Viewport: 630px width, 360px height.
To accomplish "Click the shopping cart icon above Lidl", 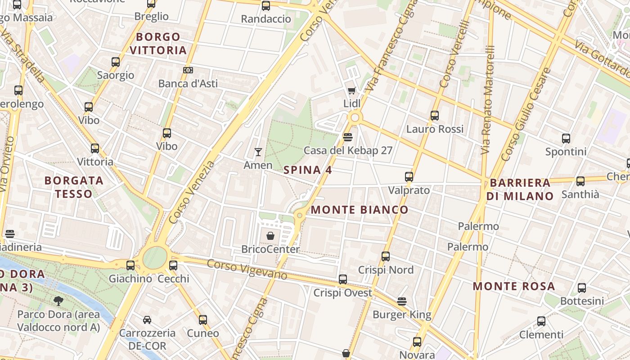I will click(x=352, y=91).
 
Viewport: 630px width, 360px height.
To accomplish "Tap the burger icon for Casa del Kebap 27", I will click(x=347, y=137).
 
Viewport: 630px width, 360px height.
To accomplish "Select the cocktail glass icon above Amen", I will click(x=258, y=152).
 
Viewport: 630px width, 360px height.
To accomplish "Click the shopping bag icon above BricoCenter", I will click(x=270, y=236).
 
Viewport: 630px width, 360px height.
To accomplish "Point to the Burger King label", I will click(x=401, y=315).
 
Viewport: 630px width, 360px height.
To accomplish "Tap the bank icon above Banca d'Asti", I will click(x=188, y=70).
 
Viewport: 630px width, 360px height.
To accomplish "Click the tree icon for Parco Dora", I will click(x=58, y=301).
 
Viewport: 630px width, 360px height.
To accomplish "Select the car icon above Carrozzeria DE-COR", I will click(x=147, y=320).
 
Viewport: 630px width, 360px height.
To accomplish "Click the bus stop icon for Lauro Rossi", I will click(x=434, y=116).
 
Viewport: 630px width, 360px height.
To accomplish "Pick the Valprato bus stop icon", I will click(x=409, y=177).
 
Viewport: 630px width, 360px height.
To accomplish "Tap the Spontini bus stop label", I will click(x=566, y=152).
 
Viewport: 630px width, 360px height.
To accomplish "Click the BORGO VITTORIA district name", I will click(x=158, y=43).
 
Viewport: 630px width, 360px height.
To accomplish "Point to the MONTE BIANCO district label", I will click(x=360, y=210).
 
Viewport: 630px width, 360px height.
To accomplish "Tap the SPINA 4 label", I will click(x=308, y=170).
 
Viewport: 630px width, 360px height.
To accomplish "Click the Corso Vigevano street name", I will click(x=247, y=270).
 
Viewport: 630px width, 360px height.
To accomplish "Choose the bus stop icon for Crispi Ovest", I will click(x=343, y=279).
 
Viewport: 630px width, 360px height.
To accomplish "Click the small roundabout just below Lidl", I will click(x=355, y=118).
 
